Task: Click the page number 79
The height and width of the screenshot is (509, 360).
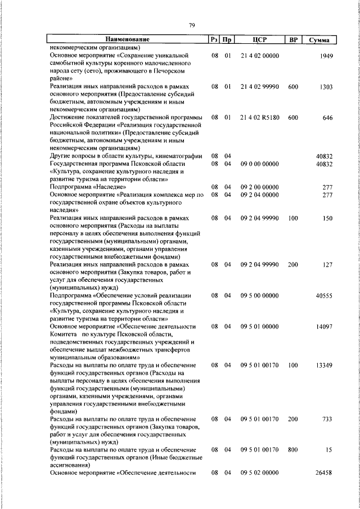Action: (191, 25)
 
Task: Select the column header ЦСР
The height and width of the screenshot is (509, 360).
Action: (259, 39)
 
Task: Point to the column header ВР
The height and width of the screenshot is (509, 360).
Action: (292, 39)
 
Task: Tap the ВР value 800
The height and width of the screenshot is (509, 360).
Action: (292, 451)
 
